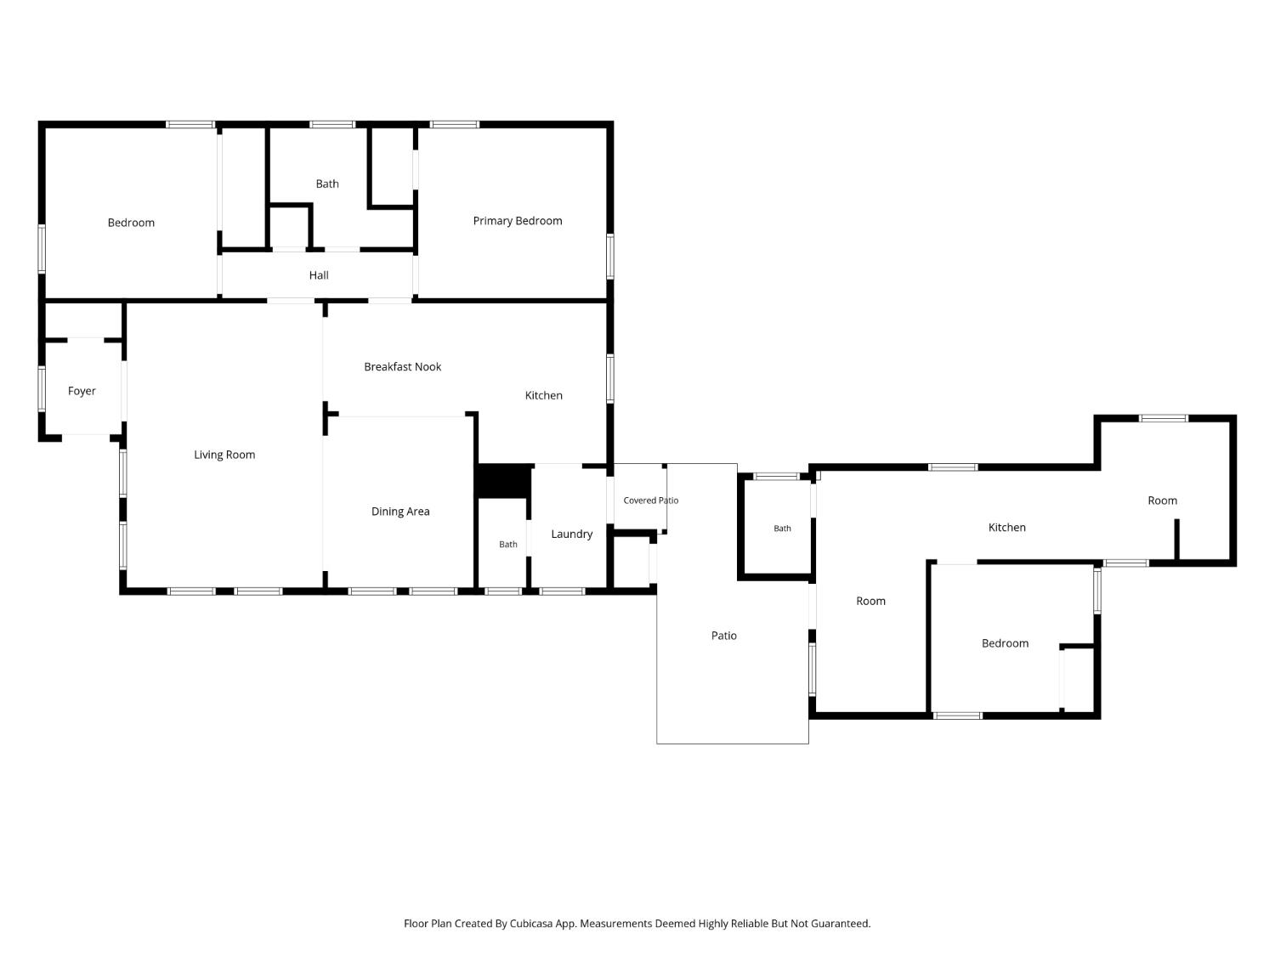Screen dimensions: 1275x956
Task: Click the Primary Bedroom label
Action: click(x=517, y=221)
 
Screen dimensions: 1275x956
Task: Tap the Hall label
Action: click(x=318, y=275)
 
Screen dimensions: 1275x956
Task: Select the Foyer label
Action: click(x=82, y=391)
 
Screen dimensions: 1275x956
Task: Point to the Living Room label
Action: click(x=224, y=455)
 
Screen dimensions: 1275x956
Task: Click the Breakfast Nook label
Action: click(x=403, y=367)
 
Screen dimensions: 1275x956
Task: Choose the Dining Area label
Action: click(x=400, y=512)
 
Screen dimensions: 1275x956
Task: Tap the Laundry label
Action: click(x=571, y=534)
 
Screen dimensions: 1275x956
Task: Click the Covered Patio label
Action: click(x=650, y=501)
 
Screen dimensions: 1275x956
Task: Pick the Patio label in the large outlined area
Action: click(x=723, y=636)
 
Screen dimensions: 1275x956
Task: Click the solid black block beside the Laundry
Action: click(x=503, y=481)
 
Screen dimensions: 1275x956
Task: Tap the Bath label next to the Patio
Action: click(x=782, y=529)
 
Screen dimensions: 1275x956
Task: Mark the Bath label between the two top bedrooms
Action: click(x=327, y=184)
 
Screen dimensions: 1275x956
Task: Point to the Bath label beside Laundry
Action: click(x=507, y=545)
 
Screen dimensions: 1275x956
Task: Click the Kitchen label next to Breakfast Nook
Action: click(x=543, y=396)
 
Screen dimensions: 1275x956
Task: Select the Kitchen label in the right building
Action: click(x=1006, y=528)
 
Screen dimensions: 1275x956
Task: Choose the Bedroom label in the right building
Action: click(x=1005, y=643)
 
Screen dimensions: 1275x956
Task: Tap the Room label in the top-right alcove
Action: click(x=1162, y=501)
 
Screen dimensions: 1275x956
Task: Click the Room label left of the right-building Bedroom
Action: click(x=870, y=602)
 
